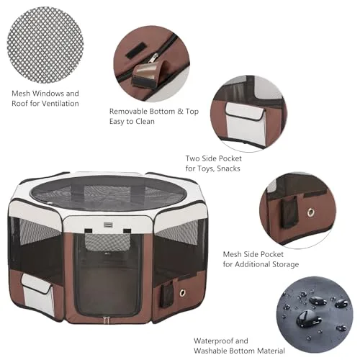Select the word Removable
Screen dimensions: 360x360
pyautogui.click(x=130, y=112)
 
